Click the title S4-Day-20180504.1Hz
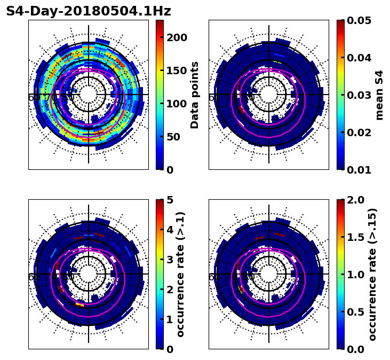pos(89,11)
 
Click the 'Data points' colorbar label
pos(195,95)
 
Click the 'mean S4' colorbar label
pos(379,95)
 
